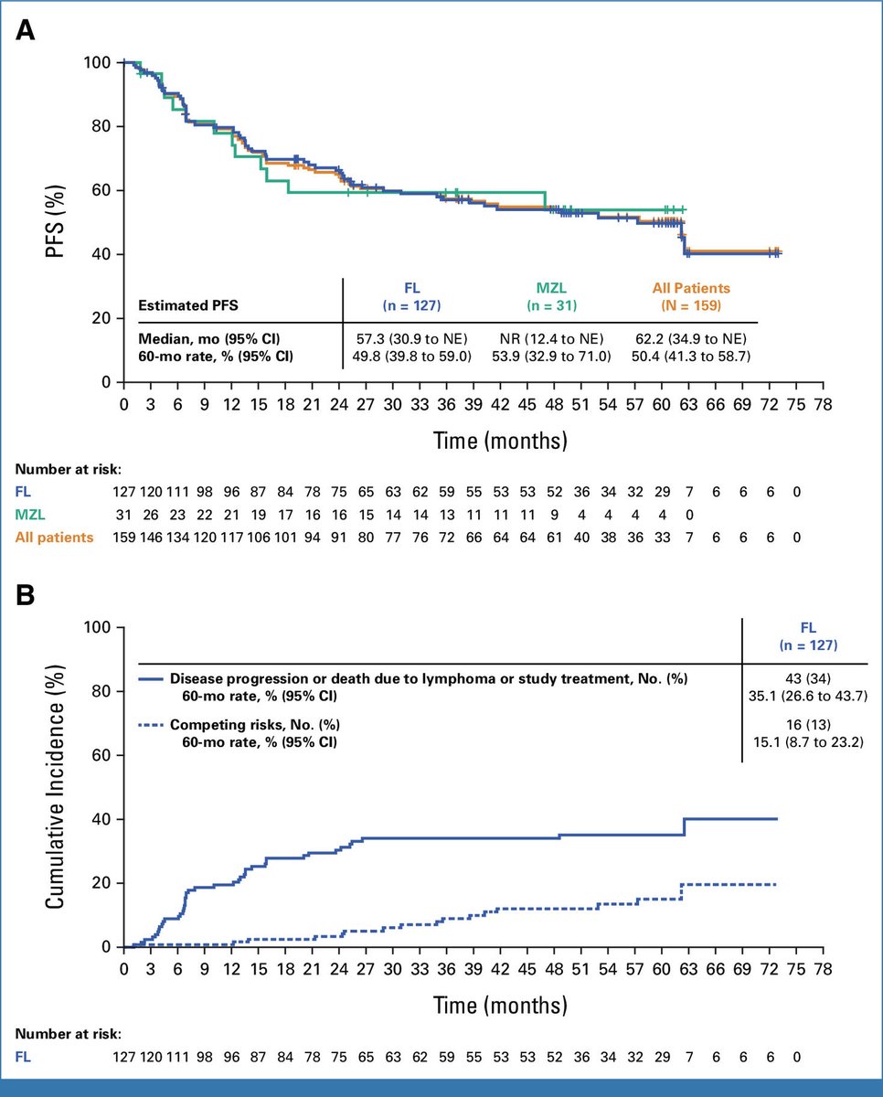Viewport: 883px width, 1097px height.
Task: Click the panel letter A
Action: pyautogui.click(x=26, y=30)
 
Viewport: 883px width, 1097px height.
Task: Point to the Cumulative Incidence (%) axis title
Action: pyautogui.click(x=57, y=786)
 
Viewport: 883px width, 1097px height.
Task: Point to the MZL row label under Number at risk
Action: pyautogui.click(x=29, y=516)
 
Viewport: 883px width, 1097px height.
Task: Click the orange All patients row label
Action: pyautogui.click(x=53, y=538)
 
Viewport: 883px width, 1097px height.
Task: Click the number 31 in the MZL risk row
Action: pyautogui.click(x=127, y=516)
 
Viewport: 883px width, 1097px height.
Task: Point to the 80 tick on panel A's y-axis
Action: pyautogui.click(x=104, y=126)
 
